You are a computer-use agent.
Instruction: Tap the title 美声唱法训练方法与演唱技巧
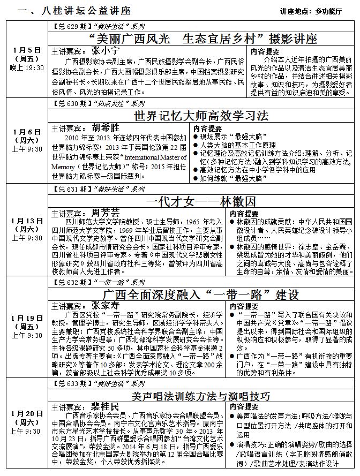[x=200, y=396]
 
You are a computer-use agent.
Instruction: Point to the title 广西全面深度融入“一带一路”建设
[x=200, y=294]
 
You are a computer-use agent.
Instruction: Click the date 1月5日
[x=27, y=50]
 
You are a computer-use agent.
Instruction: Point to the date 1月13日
[x=27, y=221]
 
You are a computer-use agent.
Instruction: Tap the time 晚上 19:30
[x=27, y=68]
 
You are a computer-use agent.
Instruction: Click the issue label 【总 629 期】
[x=72, y=26]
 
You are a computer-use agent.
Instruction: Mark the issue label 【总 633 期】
[x=72, y=384]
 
